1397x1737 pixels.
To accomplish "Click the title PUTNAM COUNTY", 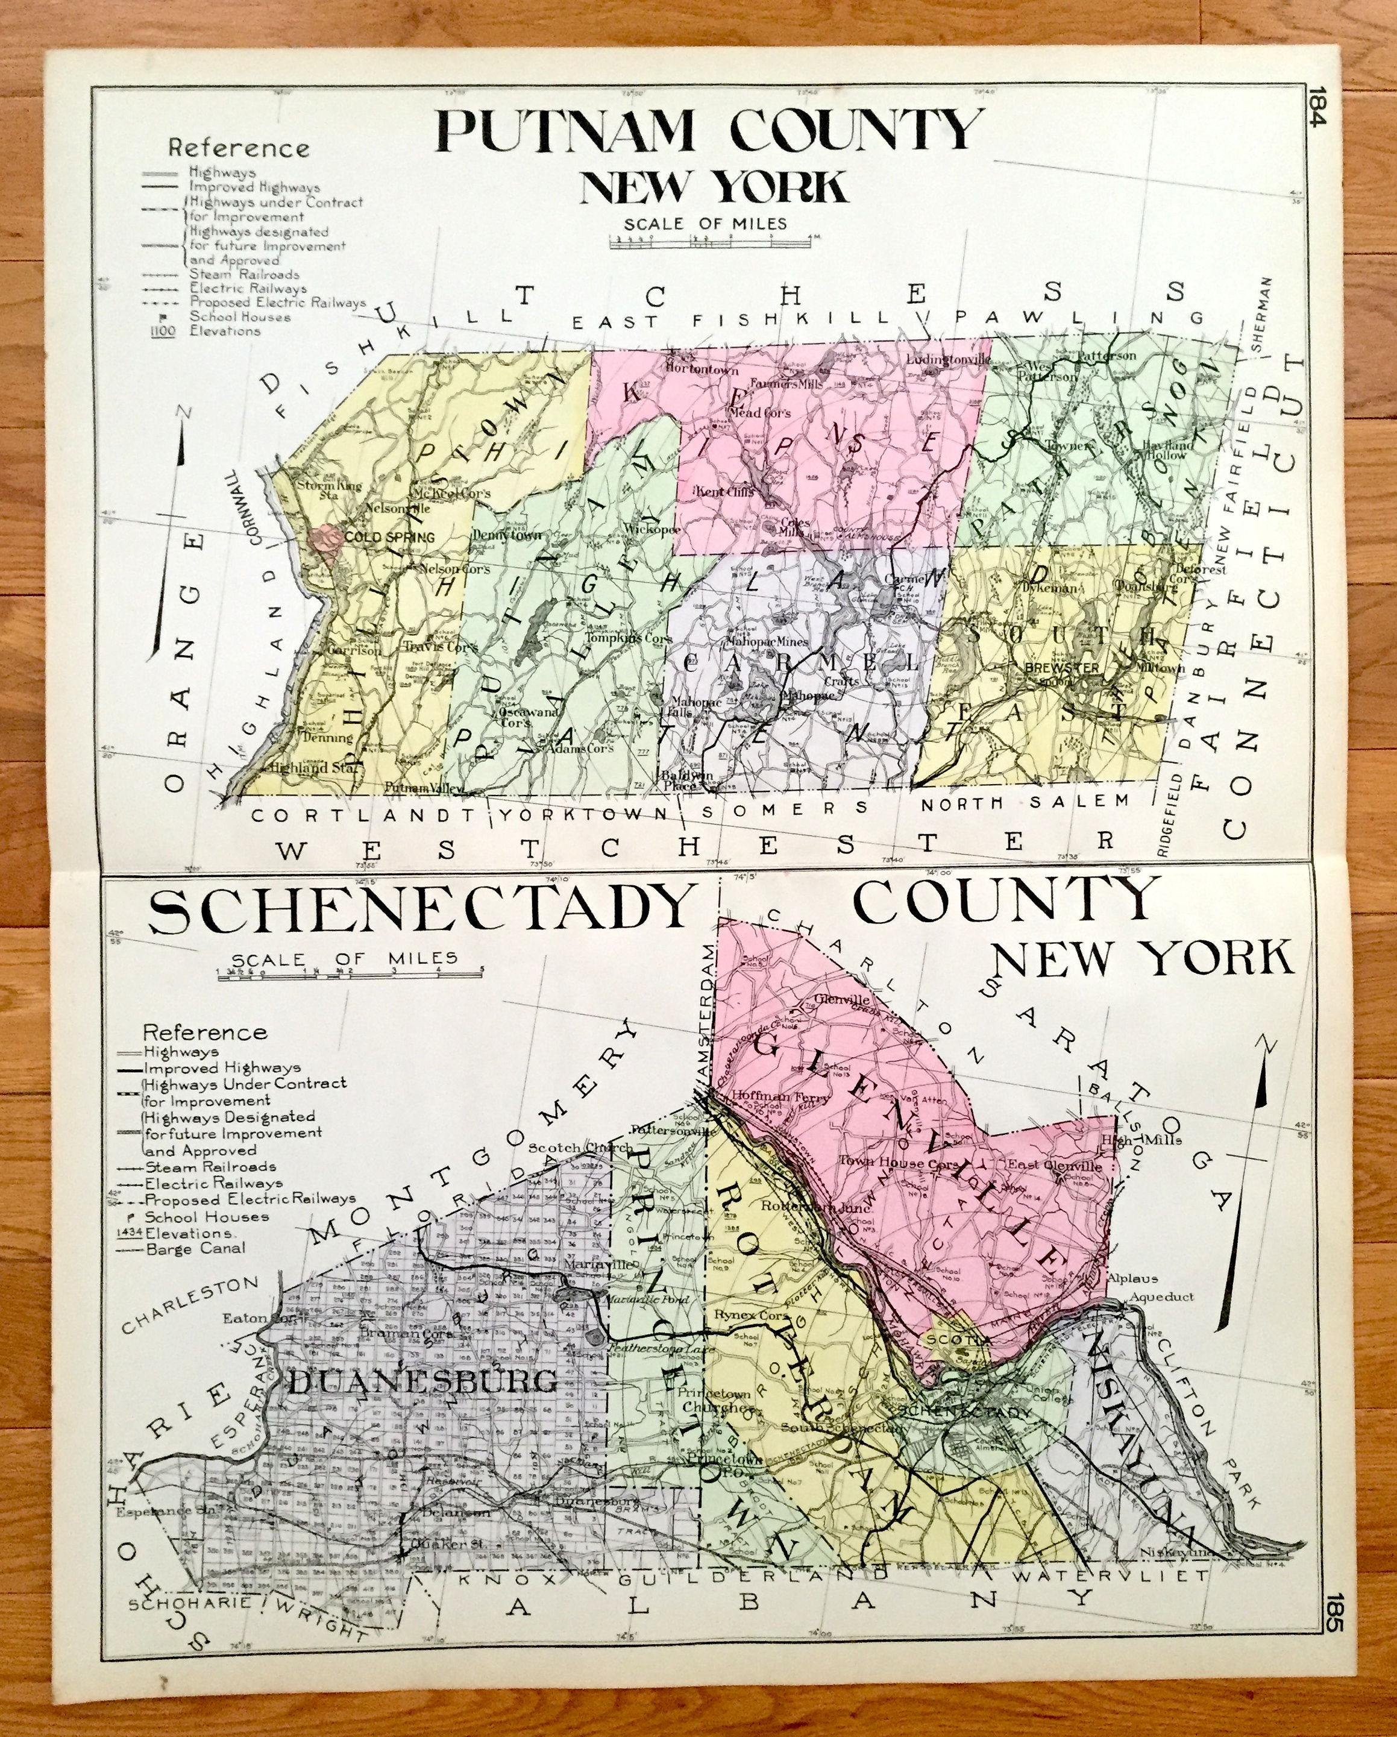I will point(709,131).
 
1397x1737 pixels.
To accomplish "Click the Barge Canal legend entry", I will point(196,1249).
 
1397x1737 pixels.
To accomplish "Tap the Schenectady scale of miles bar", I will point(350,976).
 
